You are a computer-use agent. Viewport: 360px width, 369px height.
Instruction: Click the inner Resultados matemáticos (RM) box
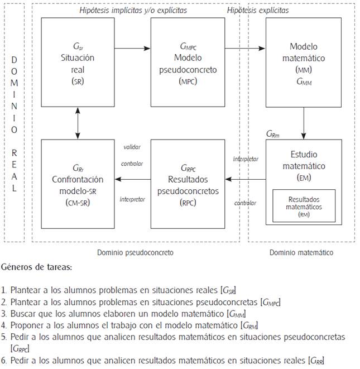[x=304, y=205]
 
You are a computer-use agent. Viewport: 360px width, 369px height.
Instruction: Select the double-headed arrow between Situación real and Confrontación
[x=78, y=122]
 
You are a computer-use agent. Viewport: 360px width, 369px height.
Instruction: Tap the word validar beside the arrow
[x=132, y=147]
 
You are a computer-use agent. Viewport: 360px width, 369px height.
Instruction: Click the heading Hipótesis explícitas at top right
[x=258, y=10]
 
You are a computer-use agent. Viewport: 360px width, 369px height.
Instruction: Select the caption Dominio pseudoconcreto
[x=135, y=252]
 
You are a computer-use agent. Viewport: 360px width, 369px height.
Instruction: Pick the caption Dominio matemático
[x=301, y=252]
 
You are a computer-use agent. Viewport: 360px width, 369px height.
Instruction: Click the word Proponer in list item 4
[x=25, y=325]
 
